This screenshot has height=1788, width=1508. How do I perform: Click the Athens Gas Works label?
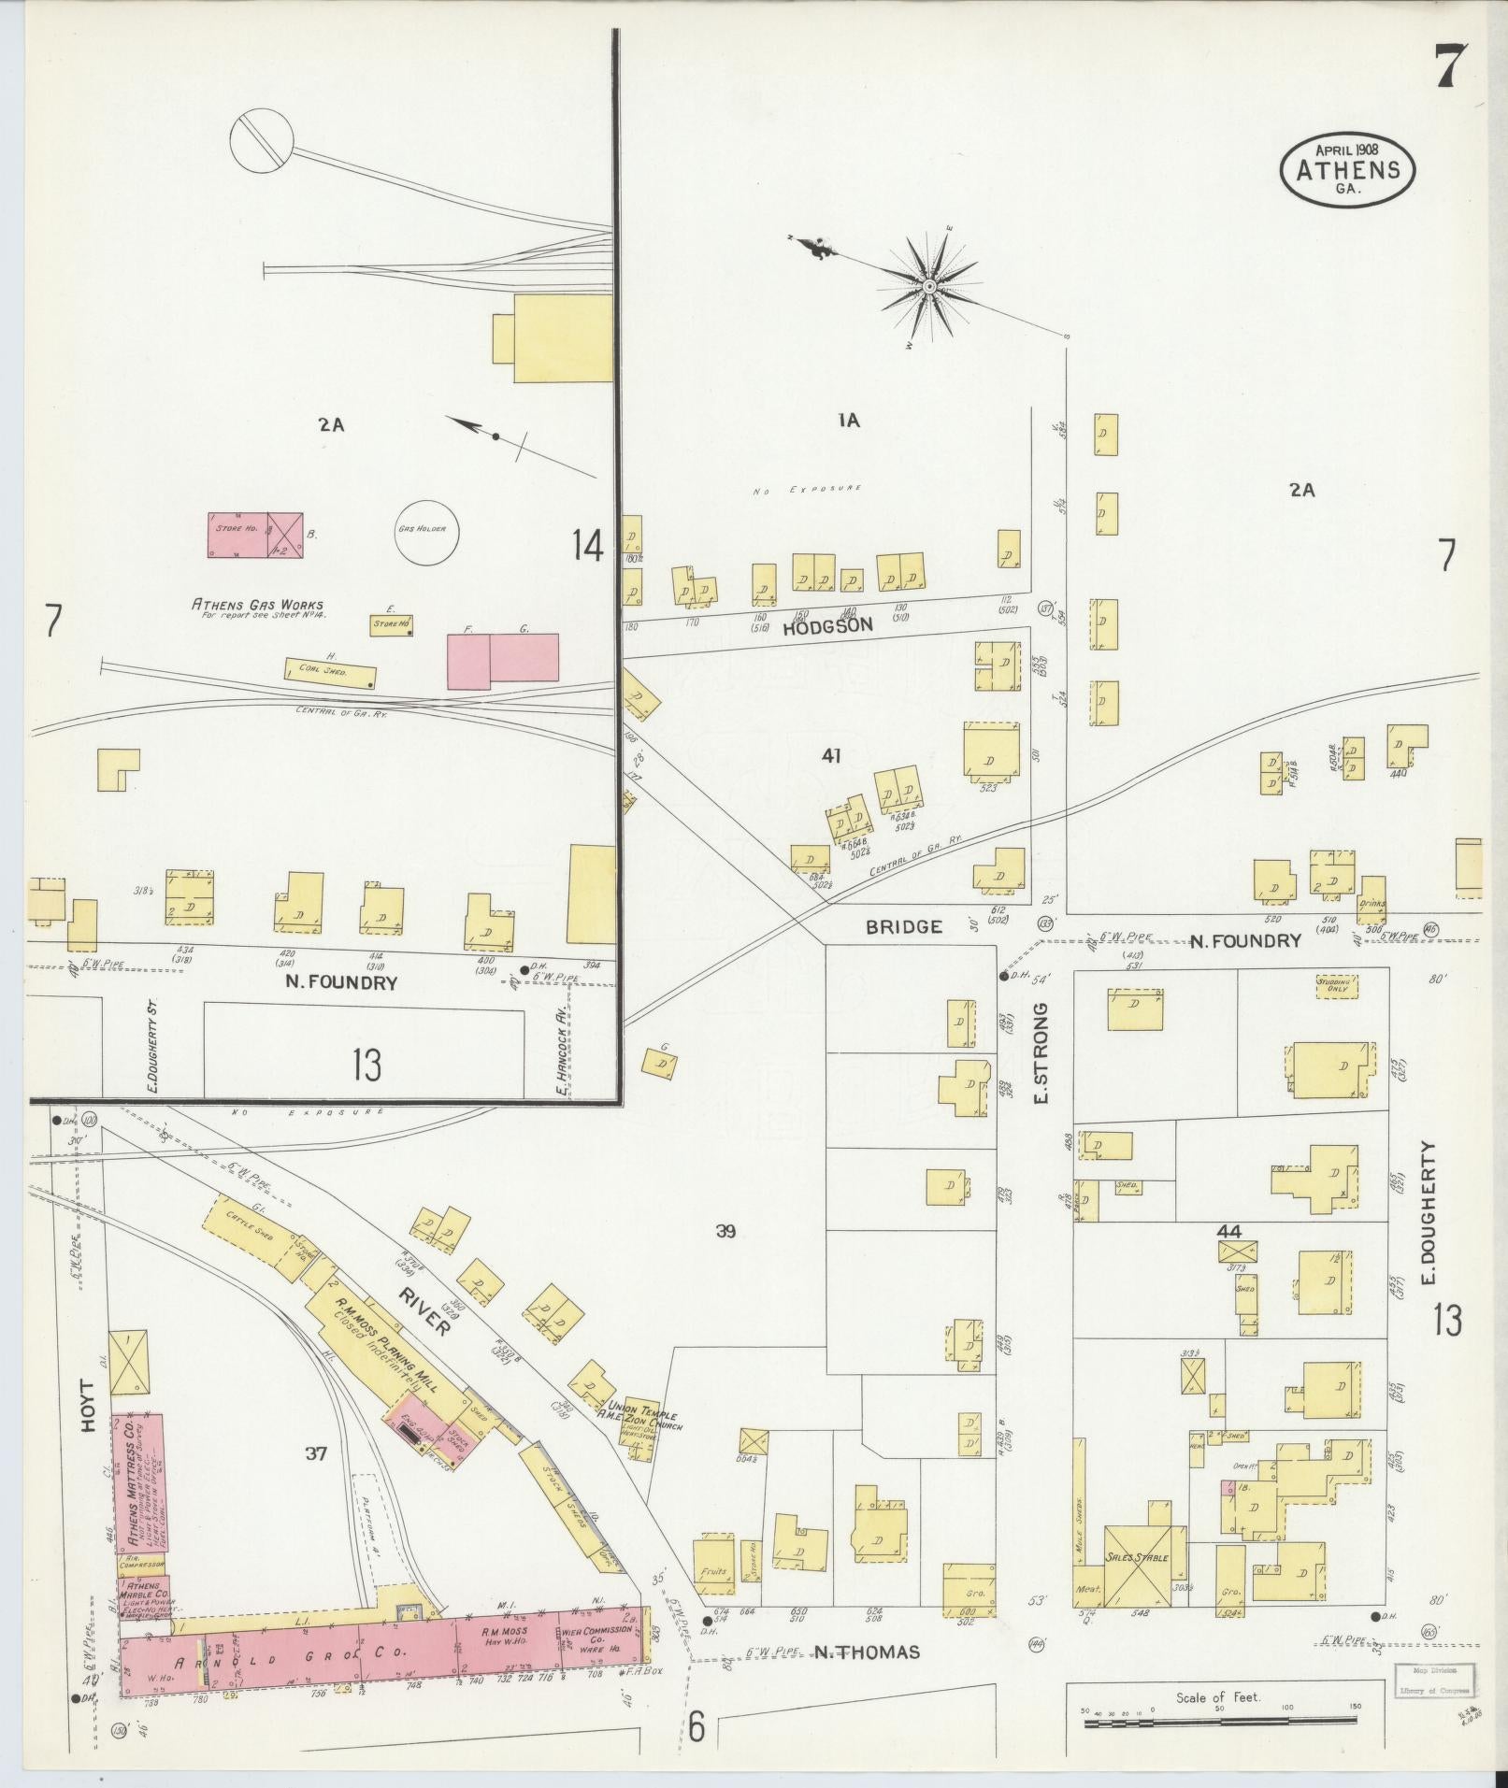tap(257, 605)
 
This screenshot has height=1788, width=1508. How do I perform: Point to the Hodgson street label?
tap(827, 627)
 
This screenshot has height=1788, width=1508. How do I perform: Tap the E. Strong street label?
tap(1041, 1052)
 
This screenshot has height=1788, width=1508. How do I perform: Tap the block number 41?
tap(830, 755)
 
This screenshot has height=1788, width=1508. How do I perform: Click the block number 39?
tap(725, 1231)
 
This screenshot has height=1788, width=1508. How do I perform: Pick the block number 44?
tap(1228, 1231)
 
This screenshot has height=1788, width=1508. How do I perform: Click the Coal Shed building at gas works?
tap(330, 670)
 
